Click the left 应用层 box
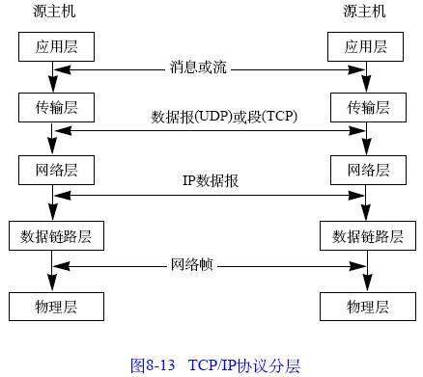point(55,45)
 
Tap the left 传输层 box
point(55,106)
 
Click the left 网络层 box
point(55,170)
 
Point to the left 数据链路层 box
point(55,235)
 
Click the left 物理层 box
point(55,307)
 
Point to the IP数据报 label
point(211,180)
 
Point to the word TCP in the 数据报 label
point(278,118)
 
